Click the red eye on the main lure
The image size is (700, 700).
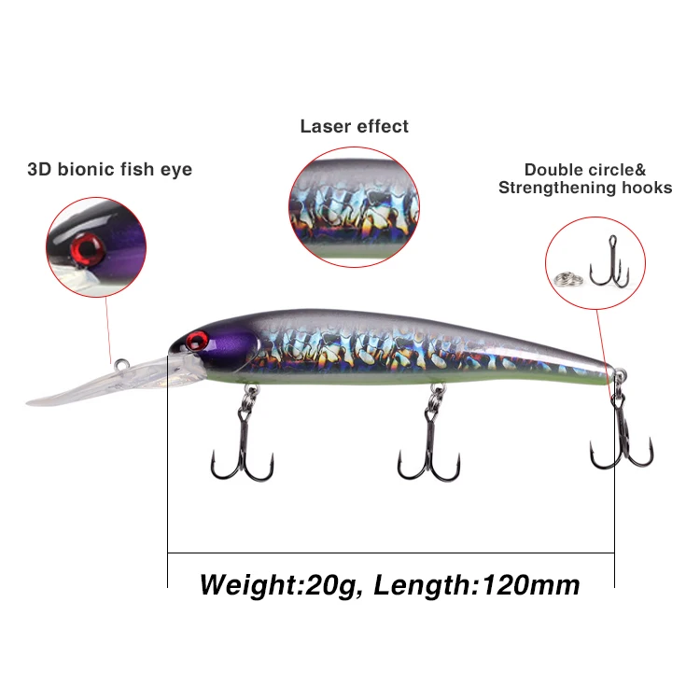(x=196, y=338)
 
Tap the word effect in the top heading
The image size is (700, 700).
(x=382, y=126)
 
